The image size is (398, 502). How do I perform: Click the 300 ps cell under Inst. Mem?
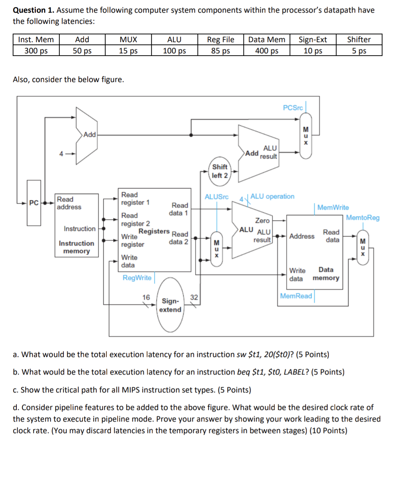(x=36, y=51)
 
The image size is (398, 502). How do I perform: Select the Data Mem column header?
(x=266, y=40)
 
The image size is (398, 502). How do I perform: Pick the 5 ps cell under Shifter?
(x=359, y=51)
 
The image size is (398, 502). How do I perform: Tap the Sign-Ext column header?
(x=313, y=40)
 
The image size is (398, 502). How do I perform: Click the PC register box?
(x=34, y=203)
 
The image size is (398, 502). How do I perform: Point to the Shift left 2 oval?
(x=220, y=171)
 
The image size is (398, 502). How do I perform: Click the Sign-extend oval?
(x=170, y=305)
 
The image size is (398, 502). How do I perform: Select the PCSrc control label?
(x=292, y=108)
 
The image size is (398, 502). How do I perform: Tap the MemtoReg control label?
(x=363, y=217)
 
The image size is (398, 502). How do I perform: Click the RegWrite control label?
(x=137, y=278)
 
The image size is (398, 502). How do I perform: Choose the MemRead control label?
(x=296, y=296)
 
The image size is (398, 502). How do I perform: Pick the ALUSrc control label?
(x=216, y=197)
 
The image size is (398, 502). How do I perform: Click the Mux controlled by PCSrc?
(x=306, y=136)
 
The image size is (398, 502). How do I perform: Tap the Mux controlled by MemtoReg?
(x=363, y=248)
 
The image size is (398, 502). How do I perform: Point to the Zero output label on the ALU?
(x=262, y=220)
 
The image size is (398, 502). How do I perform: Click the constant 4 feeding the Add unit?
(x=61, y=154)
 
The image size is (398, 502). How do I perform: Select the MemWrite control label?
(x=333, y=207)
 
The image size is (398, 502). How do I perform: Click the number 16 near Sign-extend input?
(x=146, y=297)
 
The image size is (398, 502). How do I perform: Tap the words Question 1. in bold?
(x=34, y=10)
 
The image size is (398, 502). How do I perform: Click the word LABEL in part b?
(x=294, y=372)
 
